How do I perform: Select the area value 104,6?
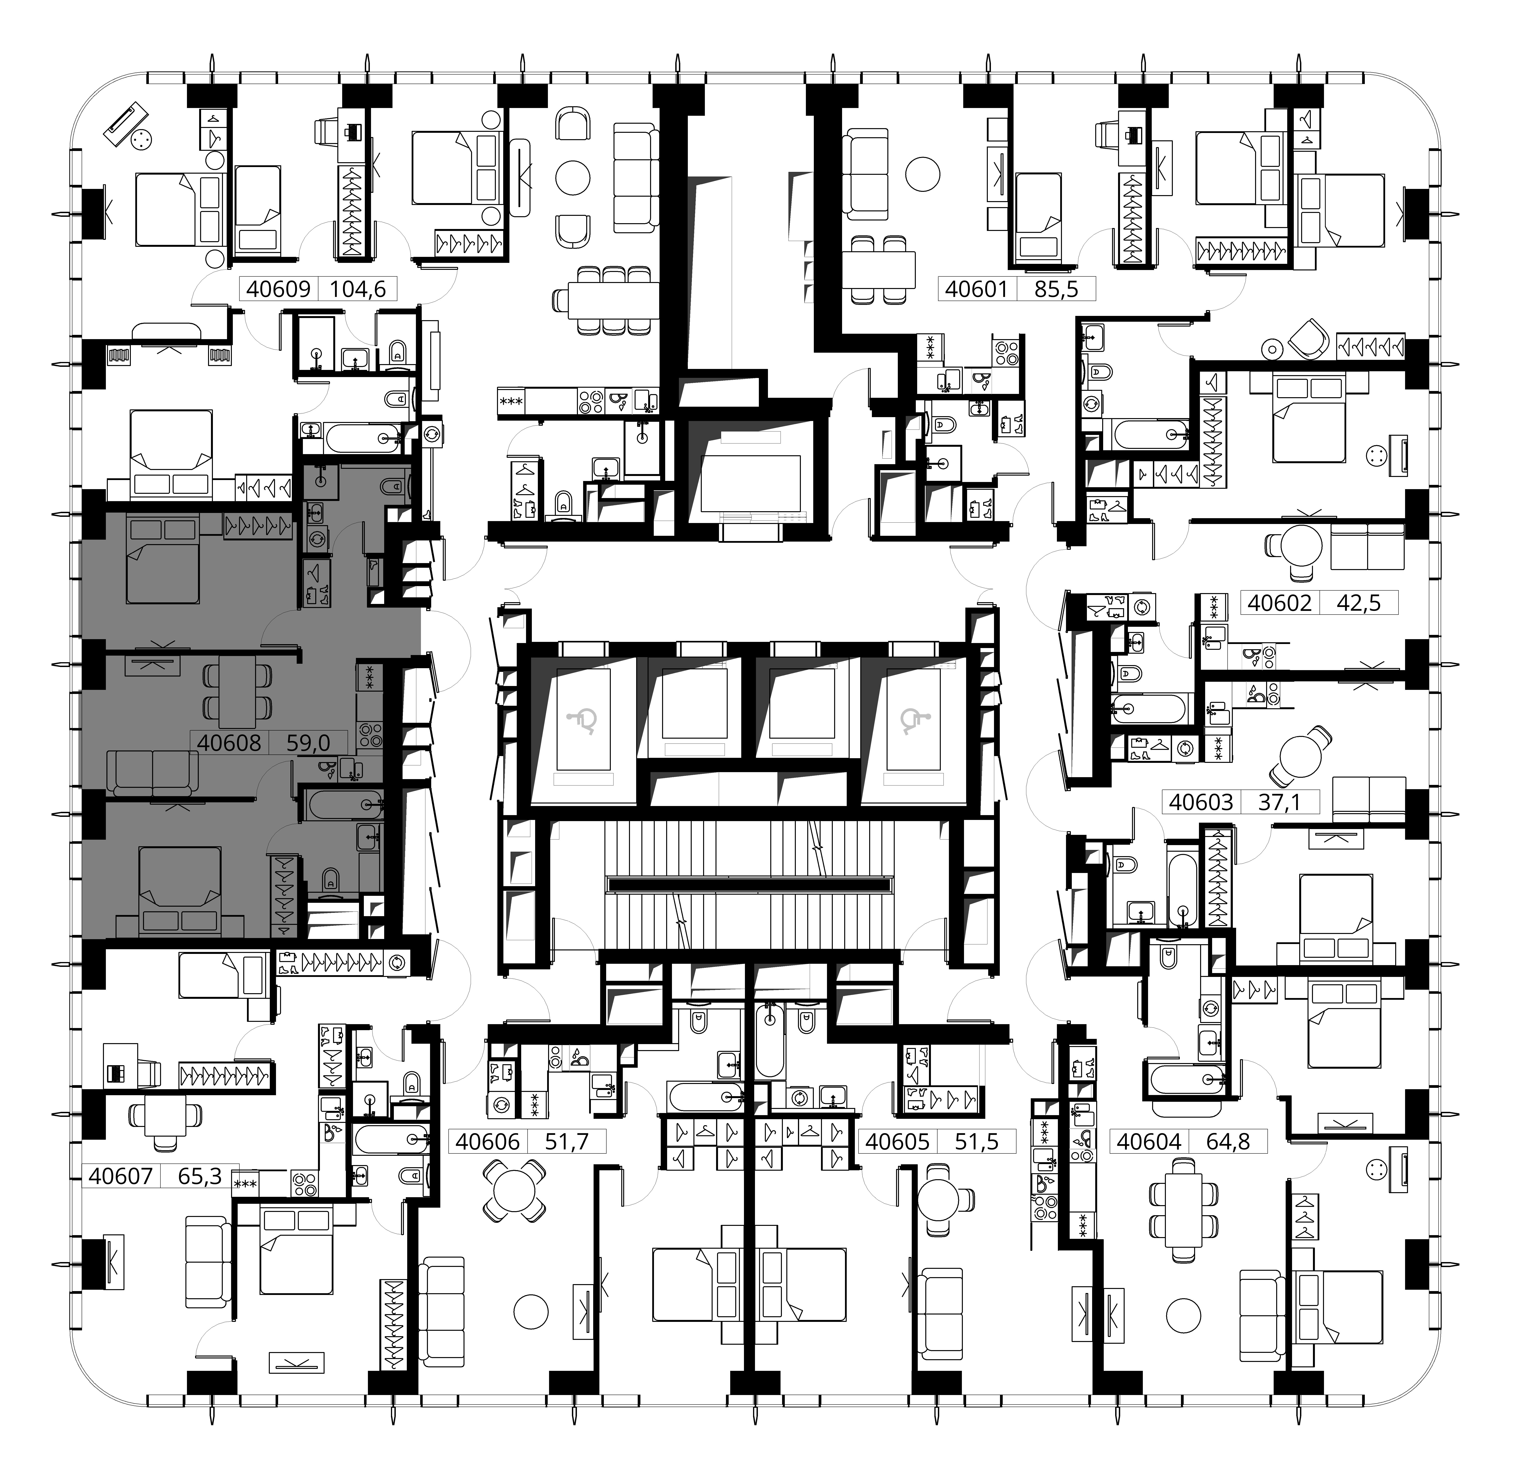click(x=358, y=290)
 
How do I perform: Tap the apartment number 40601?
click(x=977, y=290)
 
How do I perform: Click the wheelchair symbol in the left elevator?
click(x=584, y=722)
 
